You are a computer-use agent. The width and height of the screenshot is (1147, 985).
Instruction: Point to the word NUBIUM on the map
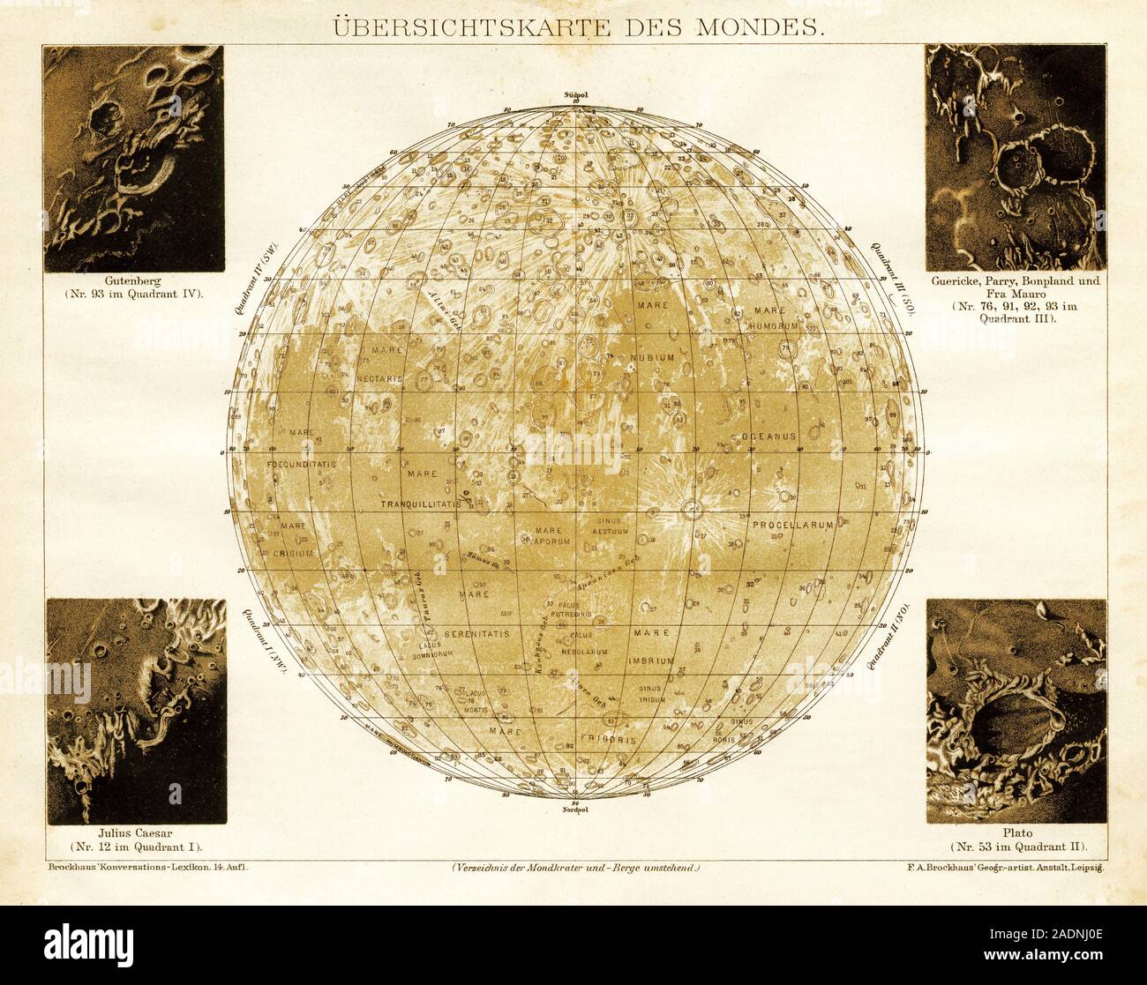click(x=653, y=357)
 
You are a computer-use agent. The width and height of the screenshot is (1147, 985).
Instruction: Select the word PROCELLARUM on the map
click(x=792, y=525)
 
